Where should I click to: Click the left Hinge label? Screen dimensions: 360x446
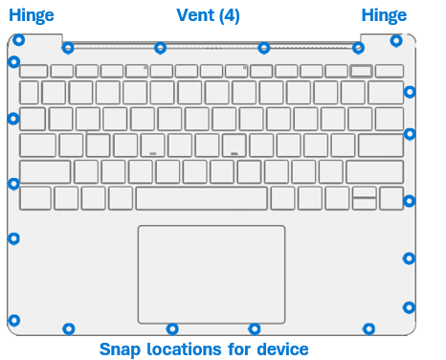tap(32, 15)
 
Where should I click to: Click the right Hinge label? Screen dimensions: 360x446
tap(384, 15)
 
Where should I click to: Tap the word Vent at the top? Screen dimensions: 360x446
tap(194, 15)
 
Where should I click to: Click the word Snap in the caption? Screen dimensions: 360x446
tap(120, 349)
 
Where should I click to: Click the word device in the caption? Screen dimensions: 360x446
tap(282, 349)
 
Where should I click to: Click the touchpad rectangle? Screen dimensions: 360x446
tap(212, 275)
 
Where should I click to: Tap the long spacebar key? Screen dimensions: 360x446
tap(201, 198)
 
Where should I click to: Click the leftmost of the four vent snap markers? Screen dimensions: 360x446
tap(68, 48)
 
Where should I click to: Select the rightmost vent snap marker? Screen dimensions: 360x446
tap(358, 48)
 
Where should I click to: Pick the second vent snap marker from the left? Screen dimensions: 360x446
tap(161, 48)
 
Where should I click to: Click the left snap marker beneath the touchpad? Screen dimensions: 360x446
tap(172, 329)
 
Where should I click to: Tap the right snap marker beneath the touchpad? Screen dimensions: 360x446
tap(254, 329)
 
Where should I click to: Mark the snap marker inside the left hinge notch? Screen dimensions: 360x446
tap(17, 40)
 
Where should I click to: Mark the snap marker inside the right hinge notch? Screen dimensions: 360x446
tap(396, 40)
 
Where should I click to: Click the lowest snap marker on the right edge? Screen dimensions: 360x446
tap(409, 307)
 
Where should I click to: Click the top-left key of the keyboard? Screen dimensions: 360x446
tap(33, 71)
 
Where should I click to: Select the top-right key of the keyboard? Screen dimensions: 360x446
tap(389, 71)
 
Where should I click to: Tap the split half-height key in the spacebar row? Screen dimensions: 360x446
tap(364, 198)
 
